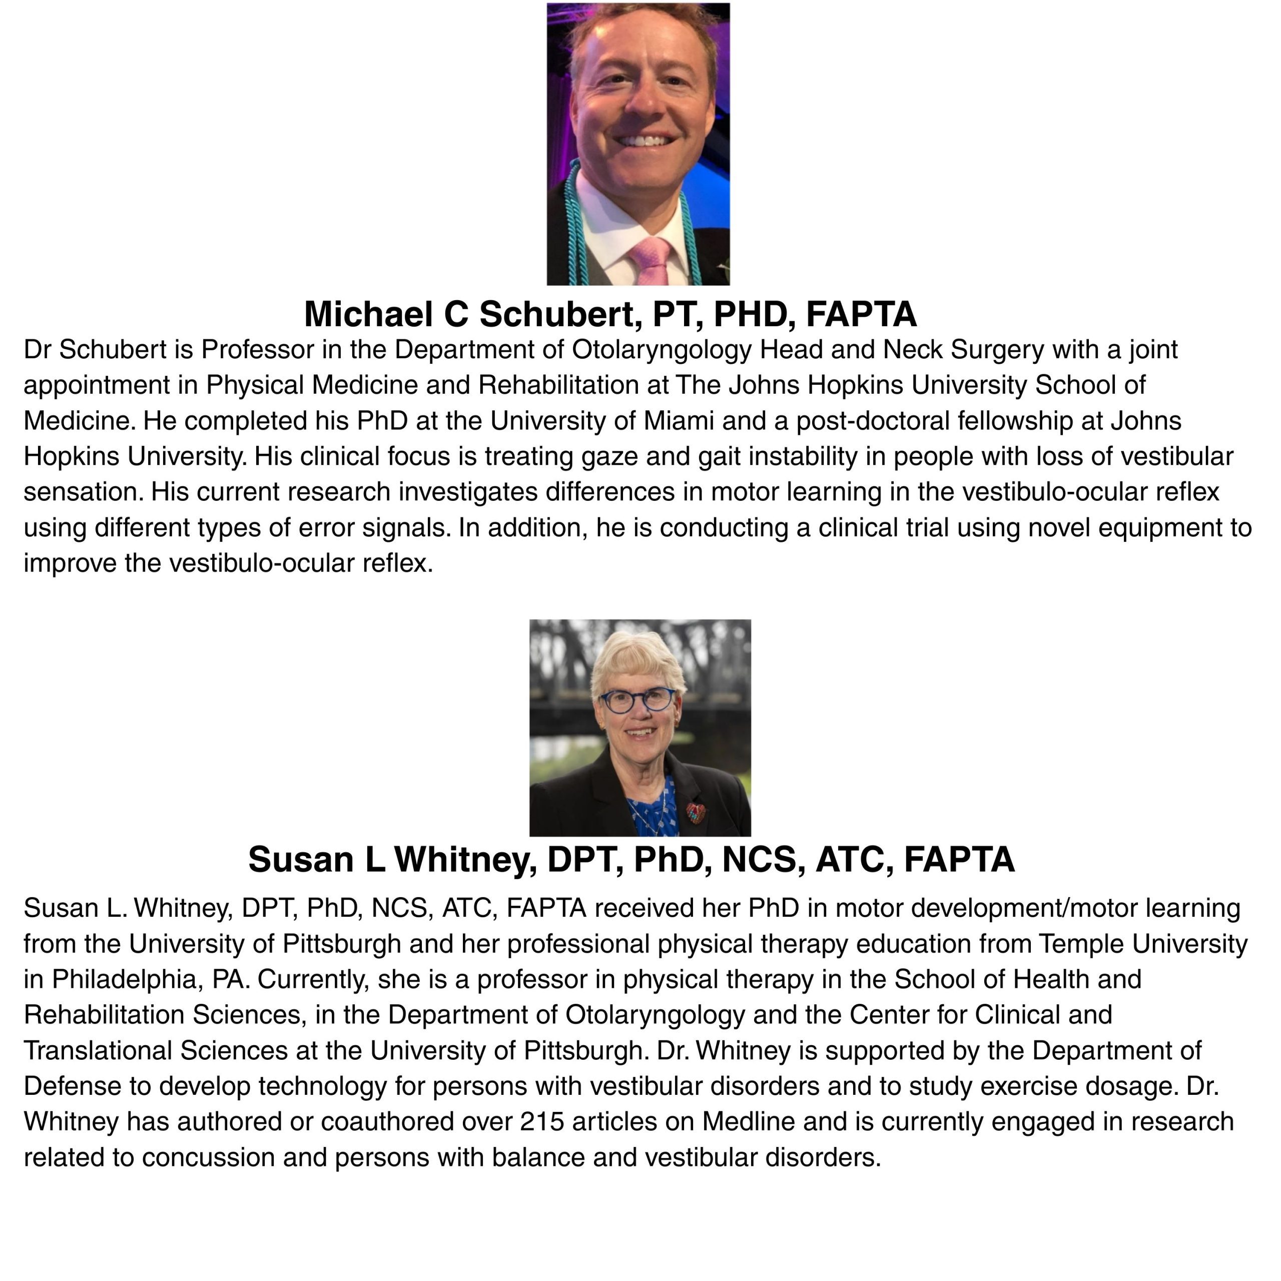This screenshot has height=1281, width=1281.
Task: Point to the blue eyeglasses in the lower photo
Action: click(636, 700)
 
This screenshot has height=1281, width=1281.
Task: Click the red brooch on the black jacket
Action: click(696, 812)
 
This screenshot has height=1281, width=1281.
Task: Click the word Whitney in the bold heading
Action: click(465, 860)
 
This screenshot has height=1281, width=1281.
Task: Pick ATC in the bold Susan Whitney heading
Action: click(850, 860)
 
